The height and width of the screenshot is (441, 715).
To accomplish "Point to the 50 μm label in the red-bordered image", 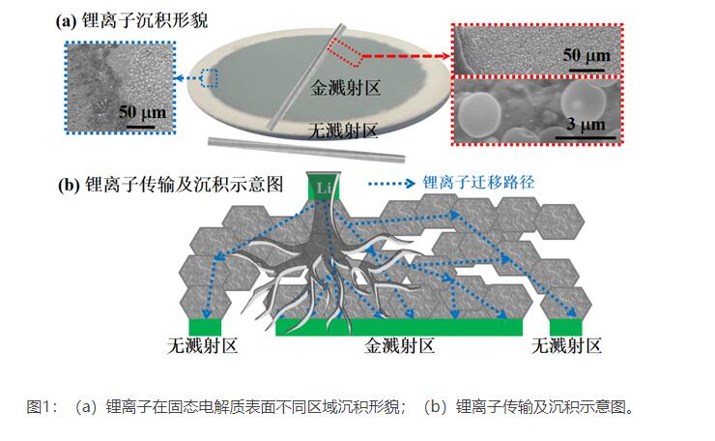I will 586,55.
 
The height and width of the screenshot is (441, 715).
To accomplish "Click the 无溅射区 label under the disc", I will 339,129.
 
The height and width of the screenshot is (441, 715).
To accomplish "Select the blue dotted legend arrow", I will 394,182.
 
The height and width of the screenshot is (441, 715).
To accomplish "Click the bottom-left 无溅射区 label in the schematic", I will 202,345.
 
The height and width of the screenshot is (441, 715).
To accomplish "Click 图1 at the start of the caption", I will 43,406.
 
